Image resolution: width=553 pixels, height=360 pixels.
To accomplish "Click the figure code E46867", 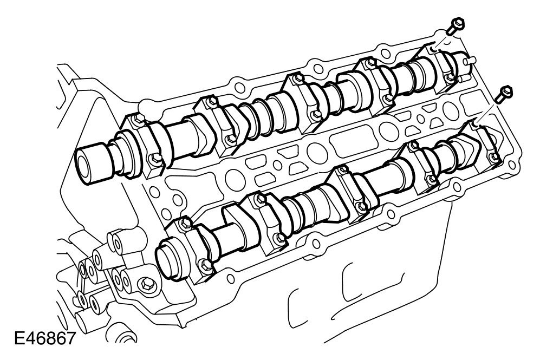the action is click(x=45, y=339).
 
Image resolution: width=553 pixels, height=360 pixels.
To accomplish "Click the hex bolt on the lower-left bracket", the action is click(x=145, y=283).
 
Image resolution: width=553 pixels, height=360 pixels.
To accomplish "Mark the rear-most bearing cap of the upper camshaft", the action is click(x=441, y=67).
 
